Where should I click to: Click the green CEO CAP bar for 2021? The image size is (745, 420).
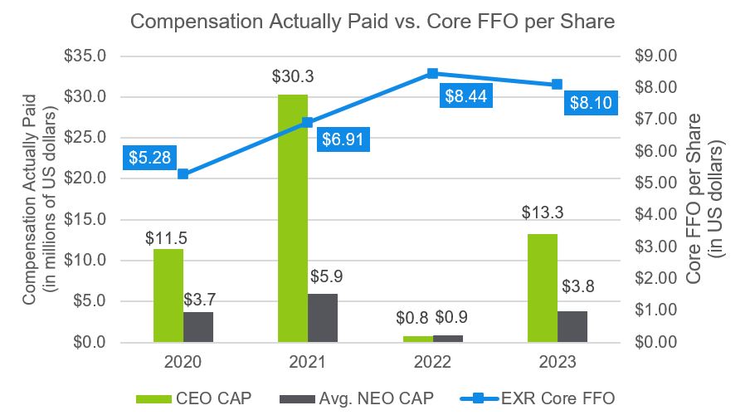292,218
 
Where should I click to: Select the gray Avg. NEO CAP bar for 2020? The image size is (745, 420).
197,327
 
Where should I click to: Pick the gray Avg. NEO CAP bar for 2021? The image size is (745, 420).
323,318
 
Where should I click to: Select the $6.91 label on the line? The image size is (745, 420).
343,139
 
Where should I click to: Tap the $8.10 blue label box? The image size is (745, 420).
592,104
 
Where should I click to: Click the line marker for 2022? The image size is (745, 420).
432,73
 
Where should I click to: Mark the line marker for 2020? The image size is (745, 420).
183,174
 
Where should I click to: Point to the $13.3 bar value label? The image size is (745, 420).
542,213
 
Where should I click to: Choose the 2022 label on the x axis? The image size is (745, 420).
432,362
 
